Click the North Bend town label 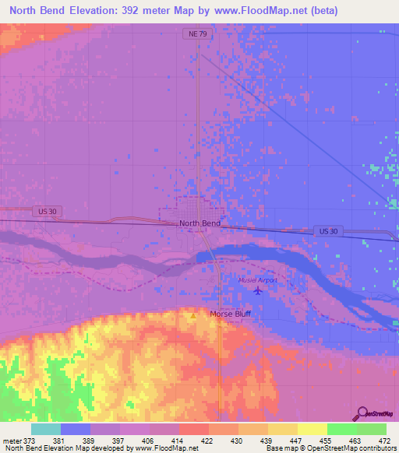199,223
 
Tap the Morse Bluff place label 230,314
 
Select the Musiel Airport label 258,280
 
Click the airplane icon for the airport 258,291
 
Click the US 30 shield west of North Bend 46,211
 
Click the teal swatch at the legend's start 45,429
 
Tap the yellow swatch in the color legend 312,429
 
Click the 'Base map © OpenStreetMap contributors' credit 330,448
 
